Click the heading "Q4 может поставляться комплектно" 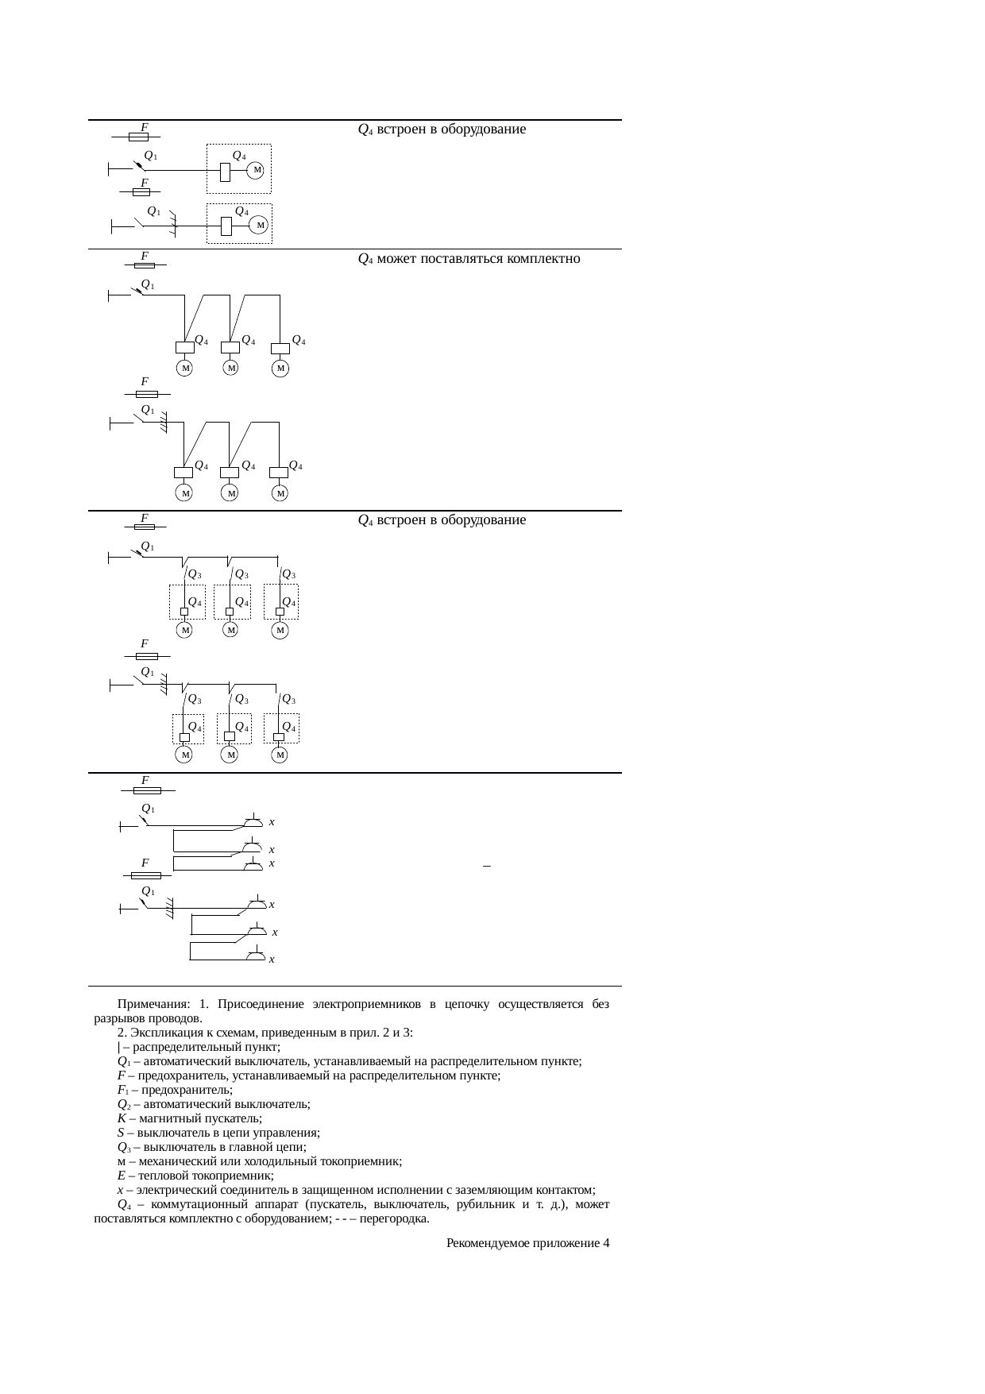(469, 259)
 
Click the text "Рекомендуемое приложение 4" (527, 1243)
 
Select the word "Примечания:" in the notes (152, 1005)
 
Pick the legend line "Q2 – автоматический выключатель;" (213, 1104)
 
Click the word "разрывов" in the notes (116, 1018)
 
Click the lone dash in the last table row (486, 865)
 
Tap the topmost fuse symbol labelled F (139, 137)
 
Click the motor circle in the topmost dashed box (256, 171)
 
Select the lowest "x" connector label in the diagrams (272, 960)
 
